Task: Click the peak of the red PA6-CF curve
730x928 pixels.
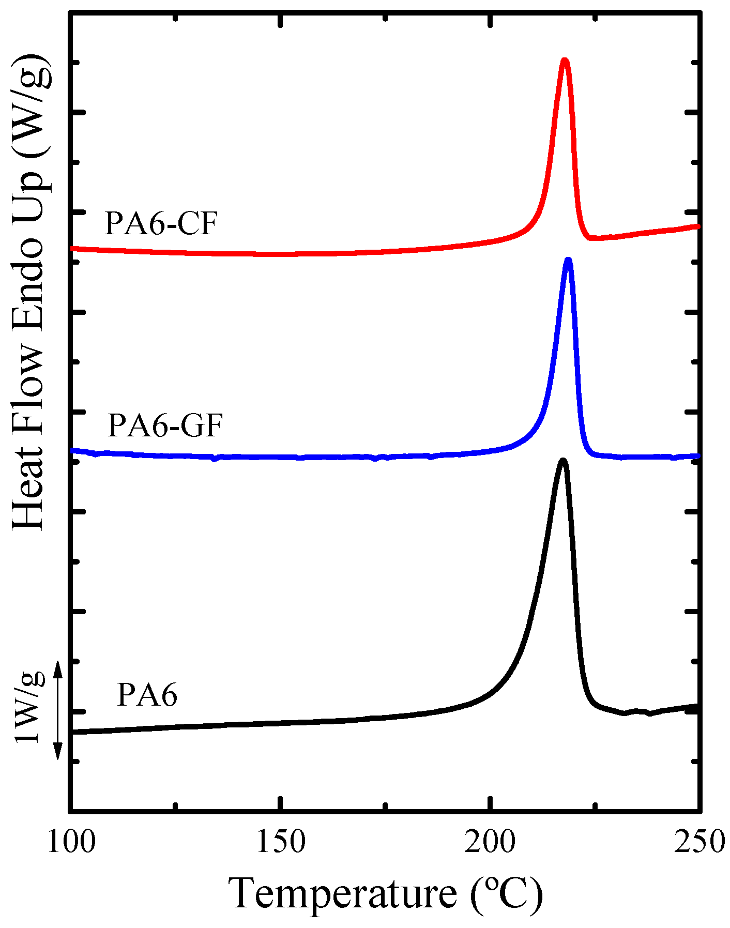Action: tap(565, 61)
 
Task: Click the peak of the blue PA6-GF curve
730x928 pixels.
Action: tap(569, 260)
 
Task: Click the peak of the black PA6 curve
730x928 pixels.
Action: tap(562, 461)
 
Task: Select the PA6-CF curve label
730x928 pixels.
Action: tap(160, 224)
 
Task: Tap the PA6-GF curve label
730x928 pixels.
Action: tap(164, 426)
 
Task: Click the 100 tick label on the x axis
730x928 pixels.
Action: tap(71, 842)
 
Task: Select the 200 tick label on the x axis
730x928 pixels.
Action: tap(490, 842)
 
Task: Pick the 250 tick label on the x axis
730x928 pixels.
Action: tap(699, 842)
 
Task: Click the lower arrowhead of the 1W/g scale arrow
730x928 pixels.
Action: tap(58, 752)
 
